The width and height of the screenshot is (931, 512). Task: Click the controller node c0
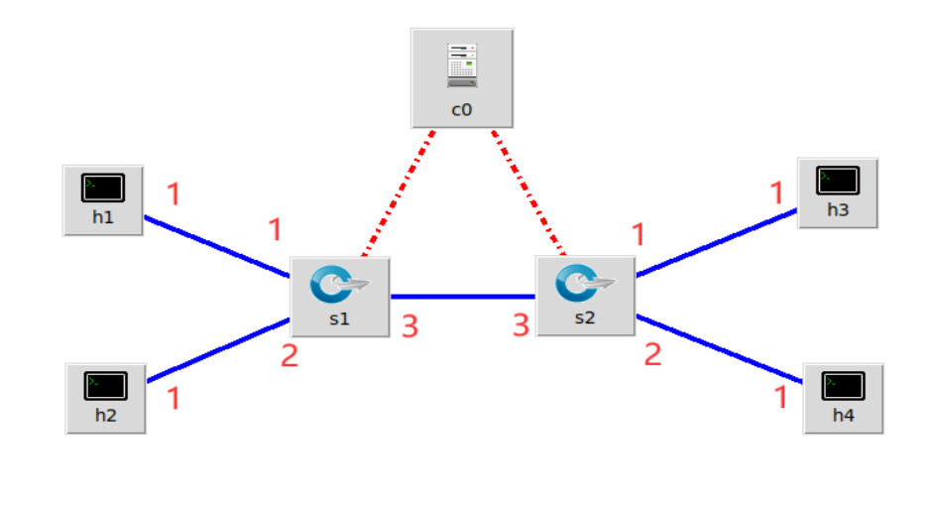462,77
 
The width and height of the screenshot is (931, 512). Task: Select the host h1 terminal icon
104,188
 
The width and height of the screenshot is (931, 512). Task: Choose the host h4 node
843,397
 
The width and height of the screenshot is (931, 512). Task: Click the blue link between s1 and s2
462,296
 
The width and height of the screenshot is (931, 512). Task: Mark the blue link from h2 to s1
218,350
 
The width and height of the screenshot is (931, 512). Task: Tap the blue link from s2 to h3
716,243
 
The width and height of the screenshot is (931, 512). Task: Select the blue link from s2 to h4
719,348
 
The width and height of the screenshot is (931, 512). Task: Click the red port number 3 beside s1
409,325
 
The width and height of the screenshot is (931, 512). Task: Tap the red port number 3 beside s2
521,324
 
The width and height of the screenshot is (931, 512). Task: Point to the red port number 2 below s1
289,355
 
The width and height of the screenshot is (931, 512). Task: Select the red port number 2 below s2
652,354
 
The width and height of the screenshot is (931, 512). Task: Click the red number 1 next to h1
174,193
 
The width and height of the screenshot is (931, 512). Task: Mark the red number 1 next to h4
780,397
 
